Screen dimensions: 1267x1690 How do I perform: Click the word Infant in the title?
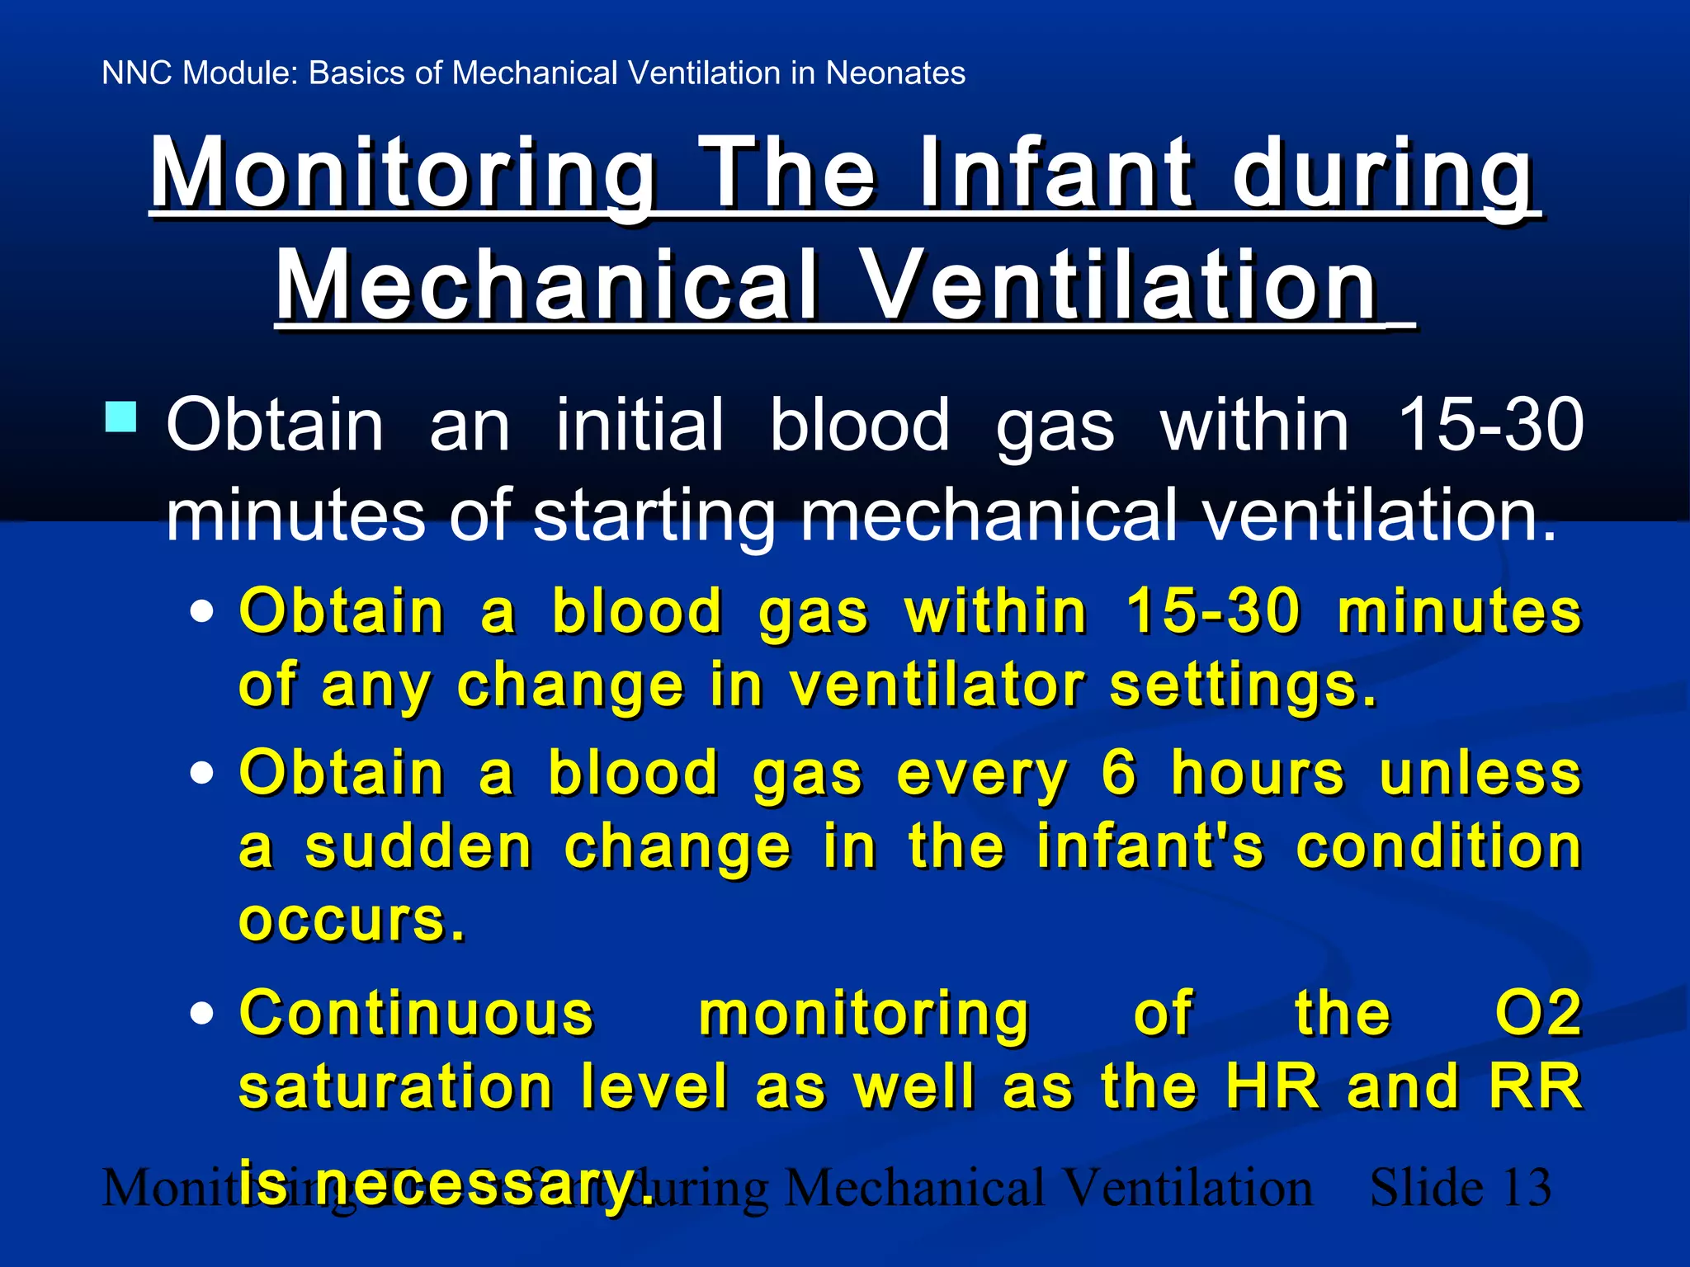point(1056,173)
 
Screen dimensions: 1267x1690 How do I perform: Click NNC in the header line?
point(137,73)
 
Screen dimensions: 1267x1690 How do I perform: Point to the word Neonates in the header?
point(895,73)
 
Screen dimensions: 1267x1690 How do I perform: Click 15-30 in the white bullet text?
point(1490,425)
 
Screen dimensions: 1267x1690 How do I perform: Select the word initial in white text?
point(640,425)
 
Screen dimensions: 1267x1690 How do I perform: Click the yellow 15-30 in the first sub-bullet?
point(1213,612)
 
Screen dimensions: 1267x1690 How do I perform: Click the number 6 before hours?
point(1119,774)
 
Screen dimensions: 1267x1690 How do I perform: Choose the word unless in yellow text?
point(1480,774)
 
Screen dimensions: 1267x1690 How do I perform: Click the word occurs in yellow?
point(344,920)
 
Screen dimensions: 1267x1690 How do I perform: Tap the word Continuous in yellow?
point(417,1013)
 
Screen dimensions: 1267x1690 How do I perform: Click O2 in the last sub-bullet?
point(1538,1013)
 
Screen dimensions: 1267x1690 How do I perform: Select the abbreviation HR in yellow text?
point(1272,1086)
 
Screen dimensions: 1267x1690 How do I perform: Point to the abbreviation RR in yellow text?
point(1536,1086)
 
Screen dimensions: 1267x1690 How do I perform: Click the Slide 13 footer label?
point(1461,1189)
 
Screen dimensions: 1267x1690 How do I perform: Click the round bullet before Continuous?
point(201,1013)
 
